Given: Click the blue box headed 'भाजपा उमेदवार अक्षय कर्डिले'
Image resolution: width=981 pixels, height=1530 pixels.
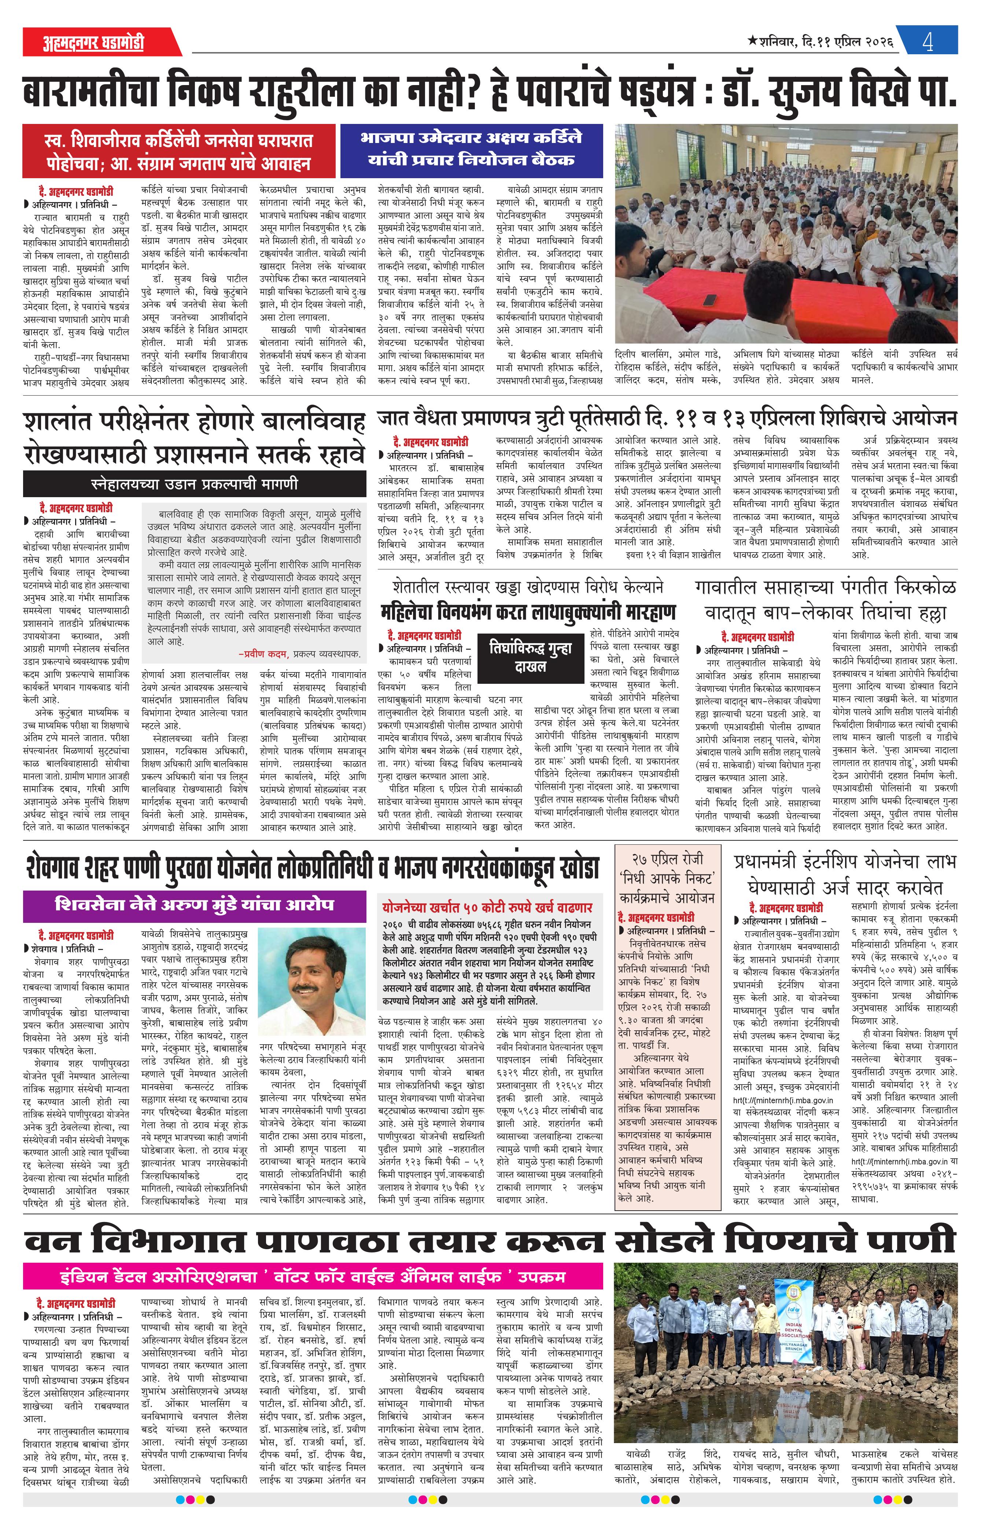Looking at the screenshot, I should [x=471, y=149].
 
